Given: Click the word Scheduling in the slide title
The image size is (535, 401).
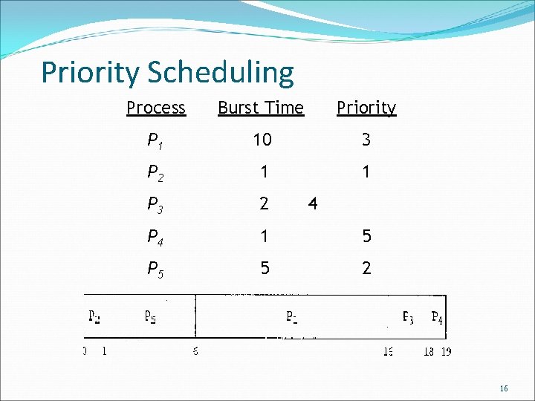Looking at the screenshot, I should point(221,73).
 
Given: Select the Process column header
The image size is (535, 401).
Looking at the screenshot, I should point(155,108).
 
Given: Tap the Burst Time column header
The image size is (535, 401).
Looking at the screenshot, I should point(261,108).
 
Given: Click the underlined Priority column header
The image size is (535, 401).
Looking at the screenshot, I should point(366,108).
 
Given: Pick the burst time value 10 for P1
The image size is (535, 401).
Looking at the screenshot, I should point(262,140).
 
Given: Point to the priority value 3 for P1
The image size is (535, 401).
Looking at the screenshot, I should point(366,140).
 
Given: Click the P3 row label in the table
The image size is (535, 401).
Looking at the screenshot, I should point(155,205).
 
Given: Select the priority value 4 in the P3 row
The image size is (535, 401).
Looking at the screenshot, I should point(313,203).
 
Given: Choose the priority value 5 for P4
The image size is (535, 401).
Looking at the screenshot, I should point(366,236).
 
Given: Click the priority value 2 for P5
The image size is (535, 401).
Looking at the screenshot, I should point(366,268).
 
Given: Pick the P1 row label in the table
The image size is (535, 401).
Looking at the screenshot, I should point(155,140).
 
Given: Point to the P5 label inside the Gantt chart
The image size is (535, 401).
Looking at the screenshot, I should point(150,317).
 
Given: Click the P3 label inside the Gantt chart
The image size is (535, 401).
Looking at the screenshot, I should point(409,317).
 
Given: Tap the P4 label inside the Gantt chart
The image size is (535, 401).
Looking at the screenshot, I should point(438,317).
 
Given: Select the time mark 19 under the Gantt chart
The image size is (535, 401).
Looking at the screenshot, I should point(445,352).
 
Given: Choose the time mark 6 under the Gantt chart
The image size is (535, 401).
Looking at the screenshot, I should point(195,351).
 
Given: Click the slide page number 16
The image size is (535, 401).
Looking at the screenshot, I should point(504,388).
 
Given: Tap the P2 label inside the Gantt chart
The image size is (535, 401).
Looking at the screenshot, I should point(94,317).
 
